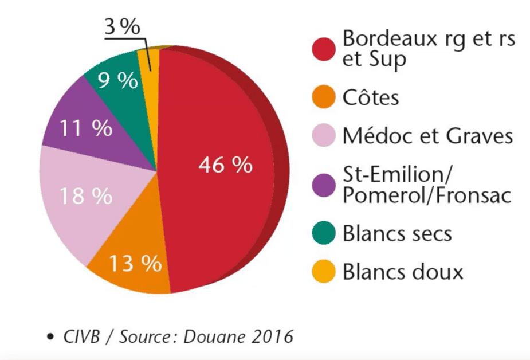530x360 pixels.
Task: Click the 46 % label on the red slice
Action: pos(225,165)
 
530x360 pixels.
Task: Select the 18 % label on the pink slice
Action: pos(86,196)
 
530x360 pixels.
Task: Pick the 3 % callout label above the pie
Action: pos(123,28)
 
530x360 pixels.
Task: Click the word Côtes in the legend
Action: pos(370,97)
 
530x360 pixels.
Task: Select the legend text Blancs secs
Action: pos(397,233)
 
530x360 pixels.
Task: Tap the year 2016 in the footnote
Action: pos(272,336)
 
